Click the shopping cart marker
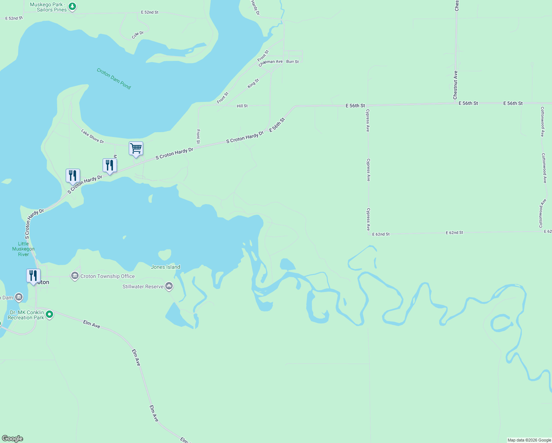point(136,149)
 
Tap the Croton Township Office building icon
point(75,276)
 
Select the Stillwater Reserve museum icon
point(169,286)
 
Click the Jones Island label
point(166,267)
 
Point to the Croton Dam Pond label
point(114,78)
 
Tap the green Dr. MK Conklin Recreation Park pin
point(49,315)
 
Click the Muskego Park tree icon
point(73,7)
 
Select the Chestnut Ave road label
point(455,85)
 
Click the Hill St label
point(242,106)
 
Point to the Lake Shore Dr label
point(93,136)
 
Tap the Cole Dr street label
point(138,35)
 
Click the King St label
point(253,83)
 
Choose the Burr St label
point(293,62)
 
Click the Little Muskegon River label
point(23,249)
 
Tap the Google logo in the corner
point(13,439)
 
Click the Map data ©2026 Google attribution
point(529,440)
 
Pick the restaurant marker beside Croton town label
point(33,276)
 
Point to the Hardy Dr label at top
point(255,7)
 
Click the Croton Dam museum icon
point(19,297)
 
